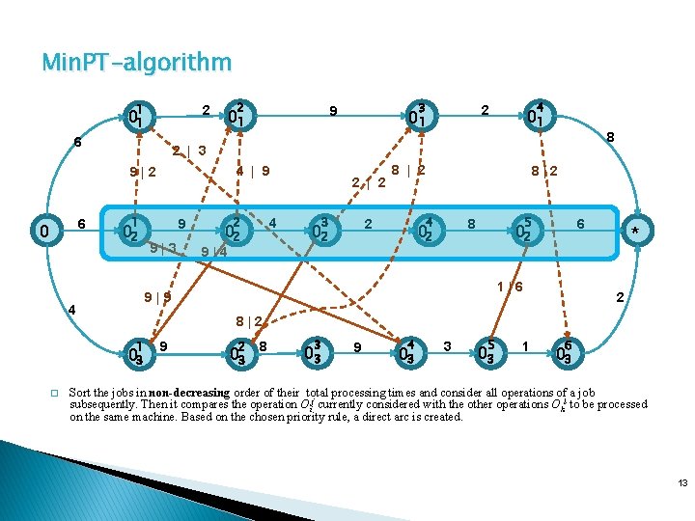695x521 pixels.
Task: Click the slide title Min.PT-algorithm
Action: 136,64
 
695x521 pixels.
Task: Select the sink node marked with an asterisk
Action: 634,232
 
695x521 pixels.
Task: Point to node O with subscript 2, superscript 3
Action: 323,233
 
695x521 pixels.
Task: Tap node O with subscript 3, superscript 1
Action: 139,354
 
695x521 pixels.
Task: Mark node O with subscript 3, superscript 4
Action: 406,354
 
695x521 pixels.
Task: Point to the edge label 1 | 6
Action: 510,288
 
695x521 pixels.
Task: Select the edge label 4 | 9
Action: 253,172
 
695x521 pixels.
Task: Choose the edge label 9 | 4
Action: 213,253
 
